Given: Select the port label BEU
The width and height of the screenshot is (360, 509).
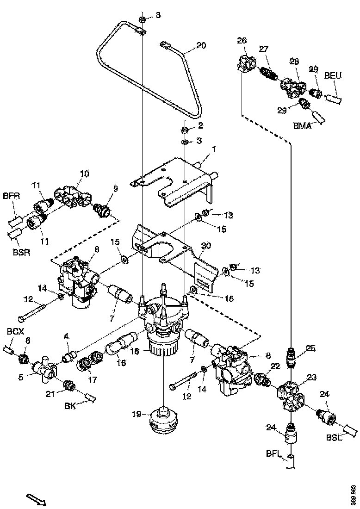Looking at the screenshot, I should [333, 75].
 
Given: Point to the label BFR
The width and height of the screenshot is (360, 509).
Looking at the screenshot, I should [12, 196].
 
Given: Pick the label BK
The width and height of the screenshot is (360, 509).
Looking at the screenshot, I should [70, 406].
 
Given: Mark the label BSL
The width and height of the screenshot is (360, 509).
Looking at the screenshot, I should [333, 438].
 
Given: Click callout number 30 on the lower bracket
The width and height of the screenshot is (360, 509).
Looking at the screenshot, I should [206, 245].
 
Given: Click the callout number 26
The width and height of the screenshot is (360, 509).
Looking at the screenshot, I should [242, 41].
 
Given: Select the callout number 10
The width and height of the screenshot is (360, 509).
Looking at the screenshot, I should [84, 174].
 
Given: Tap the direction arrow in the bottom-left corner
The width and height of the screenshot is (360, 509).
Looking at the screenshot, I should [35, 499].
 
